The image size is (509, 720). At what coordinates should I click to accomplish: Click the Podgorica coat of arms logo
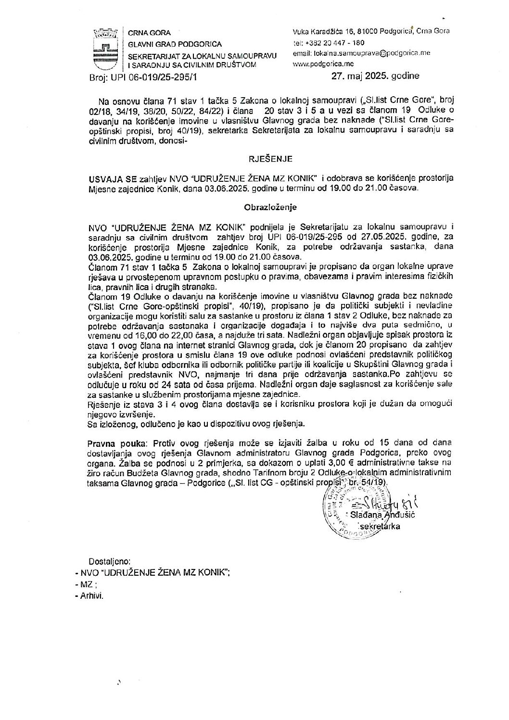[x=105, y=48]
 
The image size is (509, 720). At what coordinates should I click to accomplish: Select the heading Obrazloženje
[x=271, y=207]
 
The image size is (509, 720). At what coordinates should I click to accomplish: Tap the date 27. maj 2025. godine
[x=375, y=76]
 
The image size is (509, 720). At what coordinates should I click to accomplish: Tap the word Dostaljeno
[x=106, y=561]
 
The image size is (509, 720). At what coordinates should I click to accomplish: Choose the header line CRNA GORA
[x=143, y=33]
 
